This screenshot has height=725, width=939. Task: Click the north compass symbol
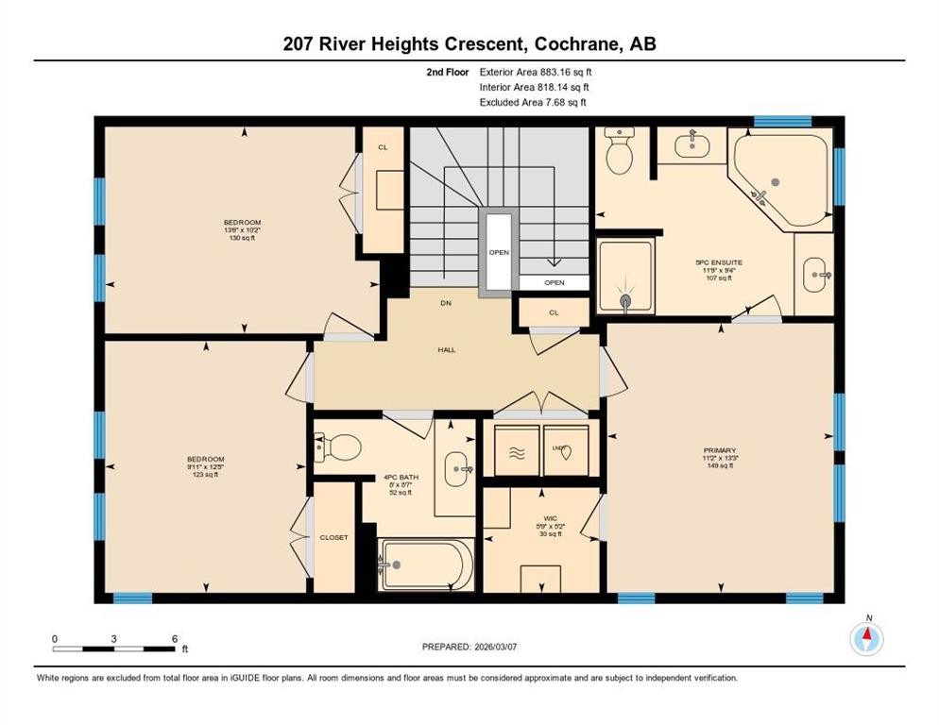[x=865, y=639]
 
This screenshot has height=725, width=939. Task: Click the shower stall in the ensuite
[x=625, y=274]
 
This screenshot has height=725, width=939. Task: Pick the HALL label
[x=447, y=349]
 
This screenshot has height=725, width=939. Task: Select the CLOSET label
[x=334, y=537]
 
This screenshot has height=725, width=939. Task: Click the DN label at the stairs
[x=446, y=304]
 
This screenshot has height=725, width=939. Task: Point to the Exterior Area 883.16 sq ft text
[x=537, y=72]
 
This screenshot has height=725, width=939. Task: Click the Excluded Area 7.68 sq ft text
[x=535, y=102]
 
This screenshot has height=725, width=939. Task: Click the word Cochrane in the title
[x=581, y=43]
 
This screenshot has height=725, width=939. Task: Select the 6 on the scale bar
[x=175, y=639]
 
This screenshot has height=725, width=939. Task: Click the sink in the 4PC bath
[x=458, y=466]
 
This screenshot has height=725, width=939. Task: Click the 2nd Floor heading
[x=447, y=72]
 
